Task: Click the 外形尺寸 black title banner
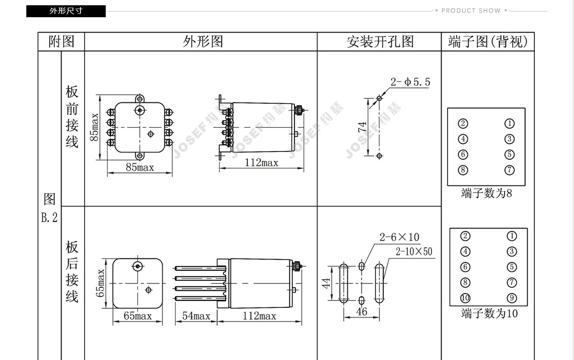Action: pyautogui.click(x=66, y=11)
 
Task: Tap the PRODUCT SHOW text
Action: pyautogui.click(x=471, y=11)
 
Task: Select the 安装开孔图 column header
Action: pyautogui.click(x=380, y=42)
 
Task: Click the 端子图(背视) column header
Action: pyautogui.click(x=487, y=42)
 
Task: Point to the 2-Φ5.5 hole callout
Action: pyautogui.click(x=410, y=82)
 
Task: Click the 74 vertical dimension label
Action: pyautogui.click(x=362, y=127)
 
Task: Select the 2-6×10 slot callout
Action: pyautogui.click(x=399, y=237)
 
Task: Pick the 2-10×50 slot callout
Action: pyautogui.click(x=414, y=251)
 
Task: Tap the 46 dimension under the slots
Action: pyautogui.click(x=362, y=312)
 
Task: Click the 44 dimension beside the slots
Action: pyautogui.click(x=326, y=283)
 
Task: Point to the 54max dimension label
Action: pyautogui.click(x=196, y=316)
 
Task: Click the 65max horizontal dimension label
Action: pyautogui.click(x=138, y=316)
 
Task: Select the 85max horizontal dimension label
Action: pyautogui.click(x=140, y=167)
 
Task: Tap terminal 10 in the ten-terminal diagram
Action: pyautogui.click(x=465, y=298)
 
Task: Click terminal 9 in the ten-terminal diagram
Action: pyautogui.click(x=512, y=298)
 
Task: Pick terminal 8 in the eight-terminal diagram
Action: pyautogui.click(x=463, y=170)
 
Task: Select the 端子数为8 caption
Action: pyautogui.click(x=486, y=193)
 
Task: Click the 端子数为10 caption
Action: pyautogui.click(x=489, y=314)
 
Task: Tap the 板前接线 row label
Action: pyautogui.click(x=72, y=117)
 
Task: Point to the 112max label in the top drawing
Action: pyautogui.click(x=261, y=163)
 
